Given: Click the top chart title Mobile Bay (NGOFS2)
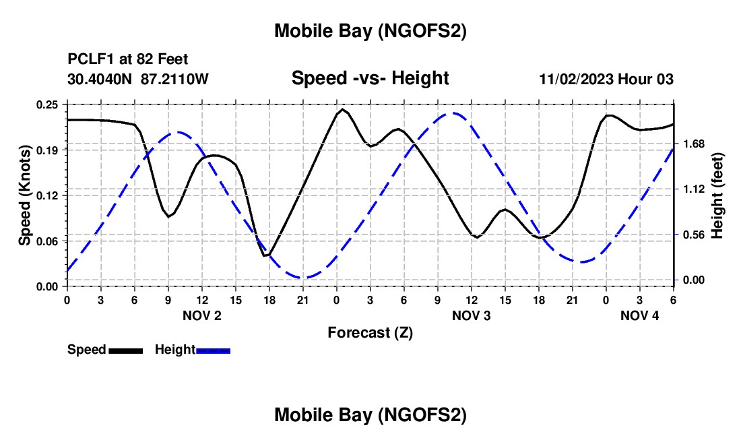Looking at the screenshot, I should tap(370, 31).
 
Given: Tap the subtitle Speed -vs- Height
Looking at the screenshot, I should tap(370, 78).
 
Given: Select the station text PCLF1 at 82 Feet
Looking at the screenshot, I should tap(128, 59).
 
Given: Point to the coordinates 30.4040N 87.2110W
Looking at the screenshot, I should tap(138, 79).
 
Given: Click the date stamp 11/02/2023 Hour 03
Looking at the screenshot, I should tap(606, 79).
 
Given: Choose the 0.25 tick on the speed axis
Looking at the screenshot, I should tap(47, 104).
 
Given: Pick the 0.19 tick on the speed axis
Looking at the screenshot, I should tap(47, 150).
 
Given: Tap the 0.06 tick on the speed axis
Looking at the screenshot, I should tap(47, 241).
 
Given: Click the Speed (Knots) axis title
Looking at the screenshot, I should tap(24, 195).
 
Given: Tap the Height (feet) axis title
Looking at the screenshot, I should tap(717, 195).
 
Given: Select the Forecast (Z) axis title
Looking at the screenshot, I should tap(370, 332).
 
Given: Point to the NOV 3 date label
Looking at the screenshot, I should tap(471, 315).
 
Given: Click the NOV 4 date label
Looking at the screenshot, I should tap(639, 315).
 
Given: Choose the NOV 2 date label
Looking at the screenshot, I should tap(201, 315).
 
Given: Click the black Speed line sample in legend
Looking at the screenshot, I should tap(125, 350).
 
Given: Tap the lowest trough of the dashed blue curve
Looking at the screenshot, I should tap(303, 278).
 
